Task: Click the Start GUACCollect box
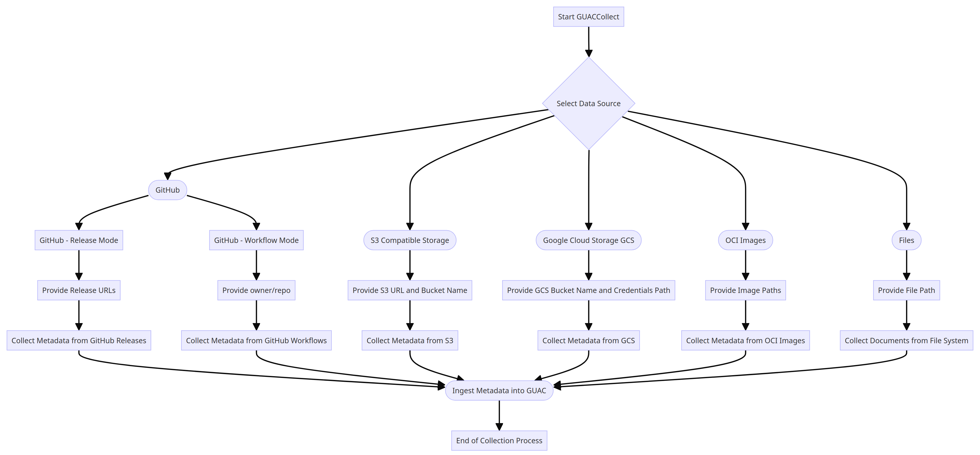tap(588, 17)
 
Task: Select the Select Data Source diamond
tap(588, 103)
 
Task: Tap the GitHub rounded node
tap(167, 190)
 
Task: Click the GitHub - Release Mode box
tap(79, 240)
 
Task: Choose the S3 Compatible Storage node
tap(410, 240)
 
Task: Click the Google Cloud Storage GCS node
tap(588, 240)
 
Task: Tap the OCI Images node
tap(745, 240)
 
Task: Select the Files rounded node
tap(906, 240)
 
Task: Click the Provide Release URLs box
tap(79, 290)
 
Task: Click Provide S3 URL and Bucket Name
tap(410, 290)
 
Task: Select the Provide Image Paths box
tap(745, 290)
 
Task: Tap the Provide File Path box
tap(906, 290)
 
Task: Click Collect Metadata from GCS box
tap(588, 340)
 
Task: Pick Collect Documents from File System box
tap(906, 340)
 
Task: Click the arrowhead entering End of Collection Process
tap(499, 427)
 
